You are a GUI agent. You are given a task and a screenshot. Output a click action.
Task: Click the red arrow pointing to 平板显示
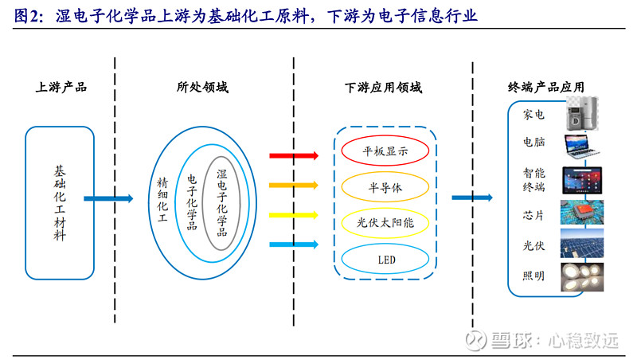point(294,155)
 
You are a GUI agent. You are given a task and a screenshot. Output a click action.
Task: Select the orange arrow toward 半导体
point(294,186)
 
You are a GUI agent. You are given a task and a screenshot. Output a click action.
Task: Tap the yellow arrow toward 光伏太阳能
point(294,215)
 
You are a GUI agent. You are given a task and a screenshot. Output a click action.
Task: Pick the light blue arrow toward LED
point(294,245)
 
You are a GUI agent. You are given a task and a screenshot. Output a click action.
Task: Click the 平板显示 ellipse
point(385,135)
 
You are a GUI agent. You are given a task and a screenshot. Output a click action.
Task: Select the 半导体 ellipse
point(385,172)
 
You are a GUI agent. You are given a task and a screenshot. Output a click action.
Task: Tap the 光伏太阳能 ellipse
point(385,208)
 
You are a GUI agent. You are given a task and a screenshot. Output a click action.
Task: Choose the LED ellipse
point(385,245)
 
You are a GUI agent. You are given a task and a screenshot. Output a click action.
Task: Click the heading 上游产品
point(61,87)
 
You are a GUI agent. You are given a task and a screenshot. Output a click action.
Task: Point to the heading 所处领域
point(202,87)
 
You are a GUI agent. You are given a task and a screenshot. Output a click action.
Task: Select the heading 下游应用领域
point(384,88)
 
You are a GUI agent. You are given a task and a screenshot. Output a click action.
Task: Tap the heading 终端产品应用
point(546,87)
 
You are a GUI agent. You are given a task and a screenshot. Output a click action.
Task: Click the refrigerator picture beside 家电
point(582,114)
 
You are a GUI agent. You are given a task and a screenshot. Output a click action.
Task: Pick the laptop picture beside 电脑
point(581,147)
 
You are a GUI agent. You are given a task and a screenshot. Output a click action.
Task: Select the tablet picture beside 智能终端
point(582,180)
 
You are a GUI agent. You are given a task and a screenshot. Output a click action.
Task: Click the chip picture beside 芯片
point(582,212)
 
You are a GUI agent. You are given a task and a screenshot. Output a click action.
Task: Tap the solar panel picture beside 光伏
point(582,244)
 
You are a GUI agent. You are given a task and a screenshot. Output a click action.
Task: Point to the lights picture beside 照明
point(582,277)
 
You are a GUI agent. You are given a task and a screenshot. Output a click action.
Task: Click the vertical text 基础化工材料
point(60,203)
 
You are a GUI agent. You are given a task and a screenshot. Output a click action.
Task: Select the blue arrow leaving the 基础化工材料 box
point(108,198)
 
